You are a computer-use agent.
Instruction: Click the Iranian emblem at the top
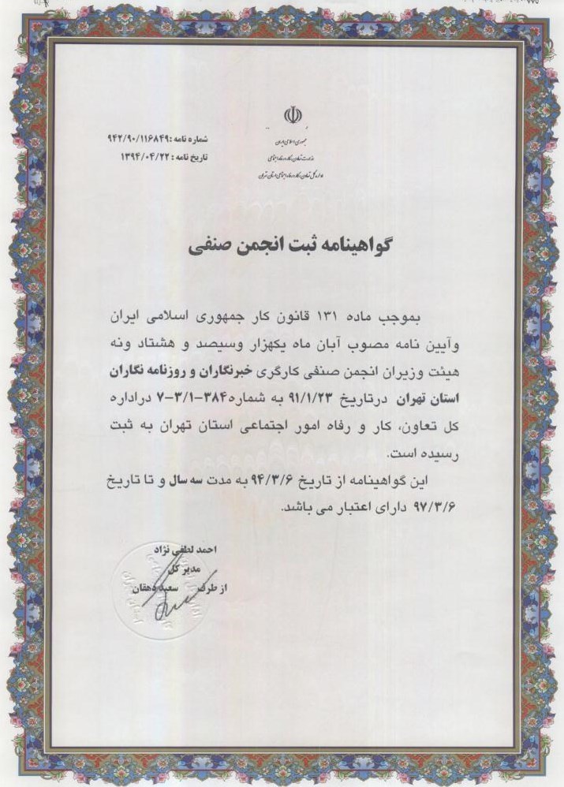pyautogui.click(x=292, y=117)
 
